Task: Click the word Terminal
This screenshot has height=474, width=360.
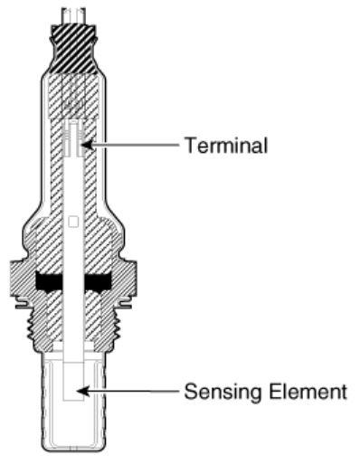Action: point(226,145)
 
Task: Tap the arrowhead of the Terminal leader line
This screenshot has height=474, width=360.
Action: point(84,144)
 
